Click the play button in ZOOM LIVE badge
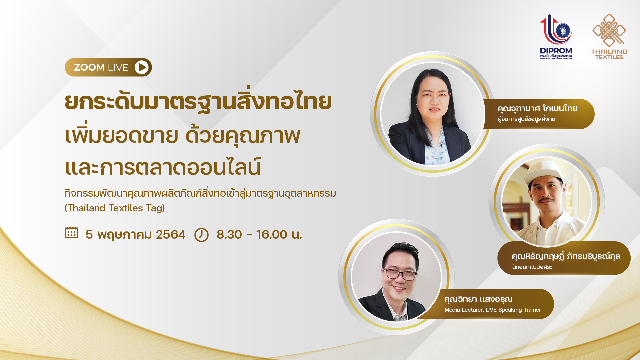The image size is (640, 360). (x=142, y=67)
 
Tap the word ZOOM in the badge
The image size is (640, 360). (x=89, y=67)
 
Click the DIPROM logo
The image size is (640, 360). (x=556, y=36)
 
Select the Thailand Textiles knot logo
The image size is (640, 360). (x=609, y=30)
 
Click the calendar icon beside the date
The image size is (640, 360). (x=71, y=233)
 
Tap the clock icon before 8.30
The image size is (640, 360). (x=201, y=235)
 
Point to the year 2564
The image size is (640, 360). (x=170, y=235)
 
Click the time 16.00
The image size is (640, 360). (x=272, y=235)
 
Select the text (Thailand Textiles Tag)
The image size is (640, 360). (x=115, y=208)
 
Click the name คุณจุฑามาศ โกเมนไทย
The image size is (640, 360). (x=537, y=109)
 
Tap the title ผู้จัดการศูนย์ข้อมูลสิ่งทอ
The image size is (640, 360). (x=526, y=119)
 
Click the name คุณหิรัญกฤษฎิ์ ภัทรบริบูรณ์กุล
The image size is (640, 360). (x=566, y=256)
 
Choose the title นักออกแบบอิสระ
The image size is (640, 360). (x=532, y=267)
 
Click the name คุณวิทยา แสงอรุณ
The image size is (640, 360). (x=478, y=299)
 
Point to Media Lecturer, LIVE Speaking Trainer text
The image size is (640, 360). (x=493, y=310)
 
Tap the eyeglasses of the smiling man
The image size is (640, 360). (x=399, y=274)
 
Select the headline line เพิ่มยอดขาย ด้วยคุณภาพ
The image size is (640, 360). (x=183, y=136)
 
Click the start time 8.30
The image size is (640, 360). (x=229, y=235)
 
